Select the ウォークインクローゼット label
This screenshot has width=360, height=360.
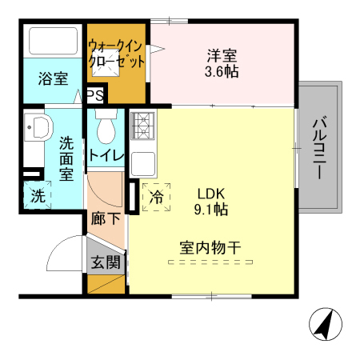tap(116, 53)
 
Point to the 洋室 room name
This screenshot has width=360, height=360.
tap(222, 56)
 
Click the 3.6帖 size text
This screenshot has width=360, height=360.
tap(222, 72)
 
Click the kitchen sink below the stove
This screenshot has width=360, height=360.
tap(142, 164)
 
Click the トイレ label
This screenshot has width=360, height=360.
tap(105, 155)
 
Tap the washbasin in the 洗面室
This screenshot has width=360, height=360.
tap(37, 128)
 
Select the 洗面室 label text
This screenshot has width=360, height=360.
tap(67, 158)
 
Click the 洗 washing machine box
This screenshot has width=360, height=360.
tap(38, 194)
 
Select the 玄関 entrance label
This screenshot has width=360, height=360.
tap(105, 261)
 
